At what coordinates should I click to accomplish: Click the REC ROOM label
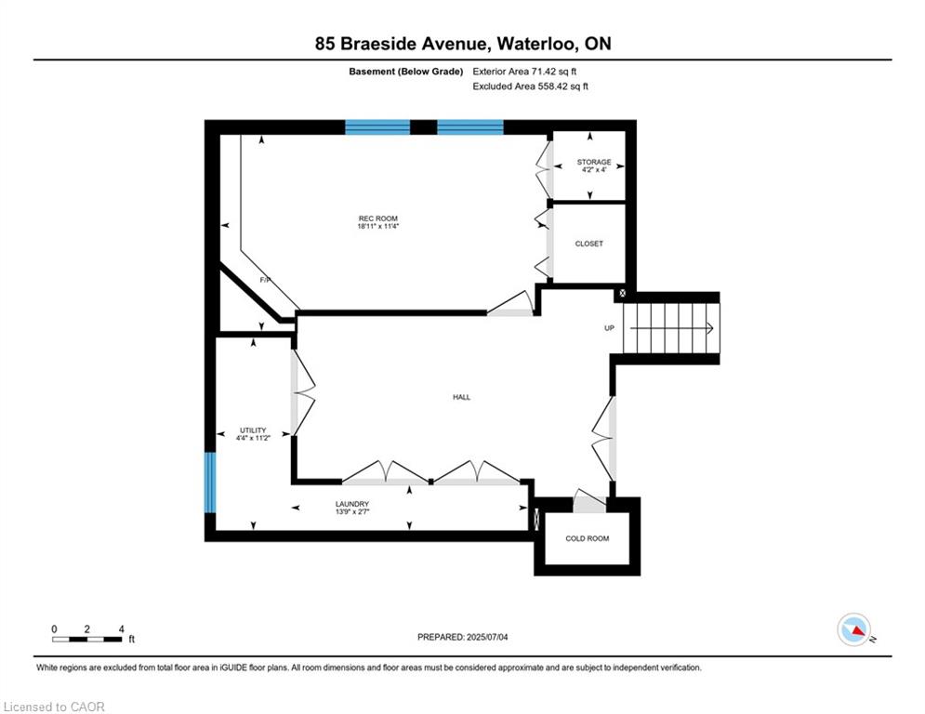tap(378, 218)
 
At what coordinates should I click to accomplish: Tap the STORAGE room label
tap(593, 162)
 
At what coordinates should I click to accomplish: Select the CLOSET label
tap(588, 244)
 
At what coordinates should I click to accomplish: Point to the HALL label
tap(461, 397)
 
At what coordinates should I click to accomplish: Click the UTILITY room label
tap(253, 430)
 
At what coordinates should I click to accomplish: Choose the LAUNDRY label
tap(352, 504)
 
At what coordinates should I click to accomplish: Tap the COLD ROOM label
tap(587, 538)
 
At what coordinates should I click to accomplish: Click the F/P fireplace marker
tap(265, 280)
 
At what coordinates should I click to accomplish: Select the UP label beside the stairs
tap(610, 328)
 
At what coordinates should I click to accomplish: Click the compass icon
tap(854, 629)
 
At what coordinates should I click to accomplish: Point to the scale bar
tap(86, 639)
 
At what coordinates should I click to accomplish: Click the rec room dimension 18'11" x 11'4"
tap(378, 226)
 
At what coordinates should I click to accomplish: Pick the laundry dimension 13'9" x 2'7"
tap(352, 511)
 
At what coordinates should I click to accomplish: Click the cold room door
tap(588, 498)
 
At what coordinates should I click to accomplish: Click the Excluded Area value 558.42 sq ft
tap(562, 86)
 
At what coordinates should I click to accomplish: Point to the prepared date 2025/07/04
tap(487, 637)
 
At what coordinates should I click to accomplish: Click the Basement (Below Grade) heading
tap(406, 72)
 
